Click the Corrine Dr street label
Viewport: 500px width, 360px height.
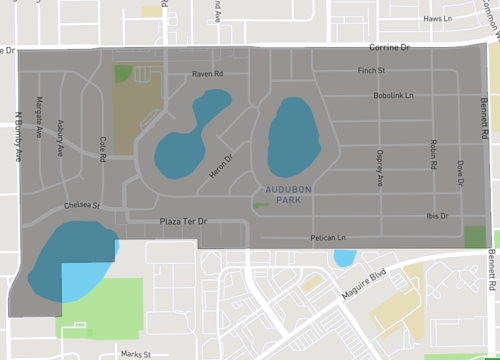click(390, 47)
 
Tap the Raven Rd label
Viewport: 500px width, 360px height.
click(207, 74)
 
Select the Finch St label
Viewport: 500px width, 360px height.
click(372, 71)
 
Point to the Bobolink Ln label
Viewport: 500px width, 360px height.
click(393, 96)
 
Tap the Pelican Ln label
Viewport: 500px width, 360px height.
click(328, 238)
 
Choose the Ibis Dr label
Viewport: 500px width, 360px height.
click(437, 215)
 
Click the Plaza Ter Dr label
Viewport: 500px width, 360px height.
click(180, 220)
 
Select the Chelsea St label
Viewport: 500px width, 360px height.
click(82, 205)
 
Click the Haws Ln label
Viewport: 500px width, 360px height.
click(438, 19)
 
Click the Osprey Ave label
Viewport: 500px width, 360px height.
click(380, 168)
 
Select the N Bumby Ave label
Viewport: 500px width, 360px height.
click(16, 133)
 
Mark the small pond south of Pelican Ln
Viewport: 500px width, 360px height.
click(343, 257)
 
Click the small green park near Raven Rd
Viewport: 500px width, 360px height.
click(123, 73)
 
